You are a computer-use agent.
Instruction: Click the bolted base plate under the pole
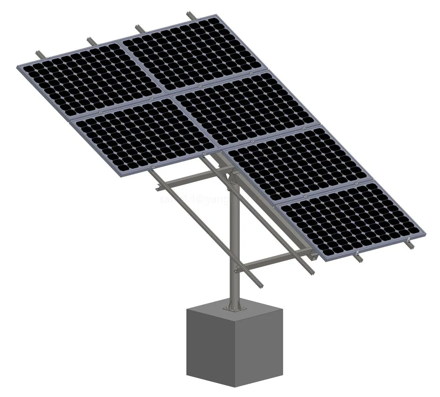(x=234, y=307)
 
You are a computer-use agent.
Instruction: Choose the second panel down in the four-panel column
(x=245, y=106)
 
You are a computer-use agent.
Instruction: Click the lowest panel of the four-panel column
(x=353, y=218)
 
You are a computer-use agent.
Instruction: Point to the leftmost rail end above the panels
(x=38, y=54)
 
